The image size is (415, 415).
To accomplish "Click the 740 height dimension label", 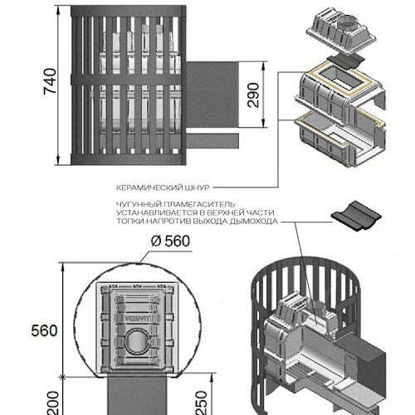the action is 50,81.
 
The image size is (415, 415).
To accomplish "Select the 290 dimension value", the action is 253,95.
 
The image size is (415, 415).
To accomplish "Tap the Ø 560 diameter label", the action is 170,241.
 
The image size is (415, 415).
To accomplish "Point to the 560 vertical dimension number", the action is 44,330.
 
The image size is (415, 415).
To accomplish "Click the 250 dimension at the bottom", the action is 202,403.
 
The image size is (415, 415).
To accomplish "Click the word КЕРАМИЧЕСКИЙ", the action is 146,188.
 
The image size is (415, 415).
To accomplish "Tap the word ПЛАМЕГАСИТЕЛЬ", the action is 199,204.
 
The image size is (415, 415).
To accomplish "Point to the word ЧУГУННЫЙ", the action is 139,204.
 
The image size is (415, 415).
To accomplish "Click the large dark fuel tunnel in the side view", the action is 212,95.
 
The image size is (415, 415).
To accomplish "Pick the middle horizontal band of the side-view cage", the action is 129,80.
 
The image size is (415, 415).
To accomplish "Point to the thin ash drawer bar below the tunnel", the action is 212,140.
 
